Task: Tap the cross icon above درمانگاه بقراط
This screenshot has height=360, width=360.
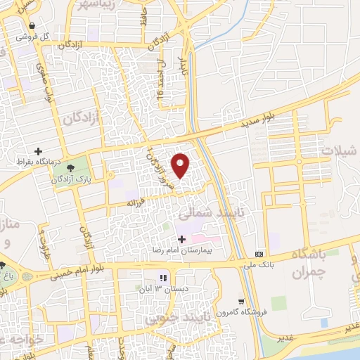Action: (38, 151)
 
